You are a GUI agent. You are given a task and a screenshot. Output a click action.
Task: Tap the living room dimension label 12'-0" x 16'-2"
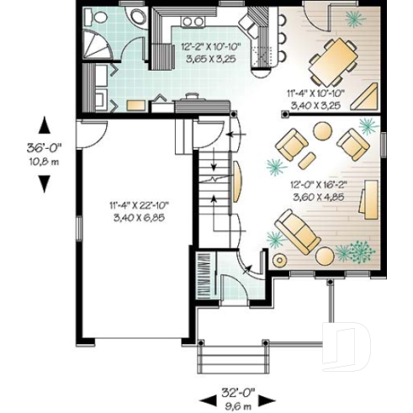pyautogui.click(x=331, y=188)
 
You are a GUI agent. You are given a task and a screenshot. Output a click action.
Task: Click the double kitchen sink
pyautogui.click(x=193, y=20)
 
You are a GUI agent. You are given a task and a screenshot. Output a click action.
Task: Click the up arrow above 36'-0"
pyautogui.click(x=45, y=124)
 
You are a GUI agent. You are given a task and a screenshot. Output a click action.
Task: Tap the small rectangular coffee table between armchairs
pyautogui.click(x=307, y=157)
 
